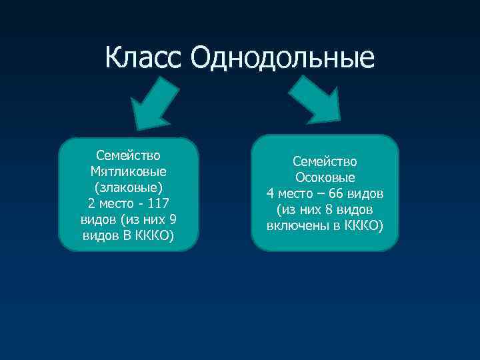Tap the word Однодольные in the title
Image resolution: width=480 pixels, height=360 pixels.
pos(282,59)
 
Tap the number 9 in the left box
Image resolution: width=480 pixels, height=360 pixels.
pos(173,219)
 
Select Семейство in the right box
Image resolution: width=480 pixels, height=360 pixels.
pos(325,162)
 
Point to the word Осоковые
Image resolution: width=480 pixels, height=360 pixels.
pos(325,178)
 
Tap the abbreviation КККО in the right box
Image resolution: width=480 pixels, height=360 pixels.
pos(363,226)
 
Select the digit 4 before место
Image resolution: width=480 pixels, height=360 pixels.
pos(270,194)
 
